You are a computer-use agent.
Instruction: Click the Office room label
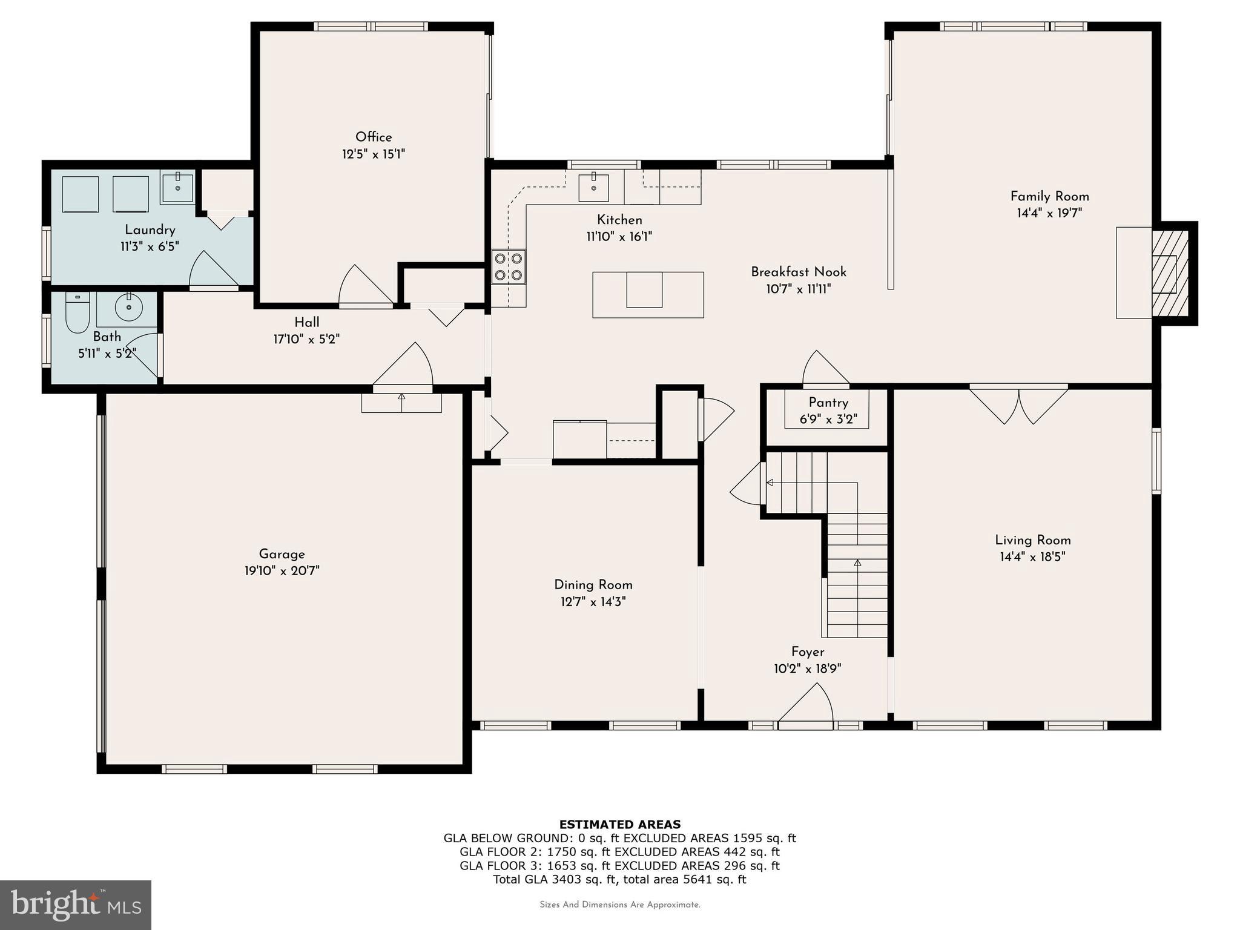click(374, 137)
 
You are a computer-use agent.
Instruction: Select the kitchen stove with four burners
click(509, 267)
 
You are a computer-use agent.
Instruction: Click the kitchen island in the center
click(648, 295)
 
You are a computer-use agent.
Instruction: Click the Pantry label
click(828, 403)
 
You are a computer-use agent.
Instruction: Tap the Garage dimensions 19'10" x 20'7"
click(282, 570)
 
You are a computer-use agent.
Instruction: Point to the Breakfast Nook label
click(799, 272)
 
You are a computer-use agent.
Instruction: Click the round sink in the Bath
click(128, 307)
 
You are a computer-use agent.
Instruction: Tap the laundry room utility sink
click(177, 186)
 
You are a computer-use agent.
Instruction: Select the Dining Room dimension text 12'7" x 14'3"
click(593, 602)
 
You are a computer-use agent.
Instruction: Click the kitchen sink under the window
click(593, 187)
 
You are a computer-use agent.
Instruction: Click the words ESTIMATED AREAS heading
click(619, 824)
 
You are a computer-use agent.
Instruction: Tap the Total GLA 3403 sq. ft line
click(619, 879)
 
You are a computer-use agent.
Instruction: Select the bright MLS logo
click(76, 905)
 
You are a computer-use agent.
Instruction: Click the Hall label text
click(307, 322)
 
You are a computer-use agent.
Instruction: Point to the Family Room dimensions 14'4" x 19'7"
click(1049, 213)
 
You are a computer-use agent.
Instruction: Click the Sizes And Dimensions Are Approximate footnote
click(619, 905)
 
